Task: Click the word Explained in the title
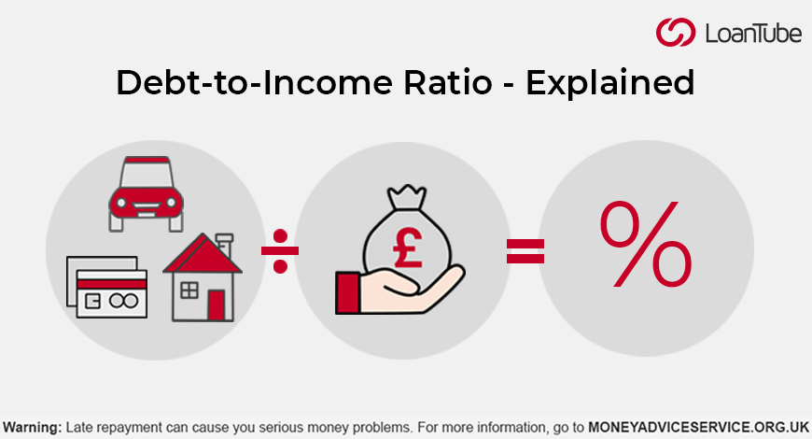click(x=610, y=83)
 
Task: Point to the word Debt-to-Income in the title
click(x=236, y=83)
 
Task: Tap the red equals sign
click(x=525, y=251)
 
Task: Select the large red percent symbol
click(x=646, y=245)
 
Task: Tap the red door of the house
click(x=217, y=304)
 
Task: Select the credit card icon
click(x=105, y=289)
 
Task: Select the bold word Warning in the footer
click(x=32, y=427)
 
